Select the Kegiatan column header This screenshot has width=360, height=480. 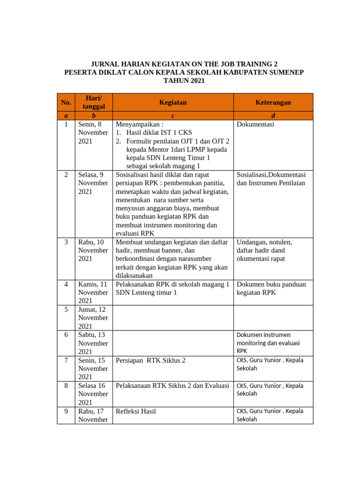pos(172,102)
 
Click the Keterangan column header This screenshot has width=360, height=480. pos(273,102)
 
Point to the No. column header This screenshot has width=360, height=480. pos(66,102)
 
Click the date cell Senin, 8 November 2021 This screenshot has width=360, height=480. pos(93,133)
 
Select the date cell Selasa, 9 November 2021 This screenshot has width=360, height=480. pos(93,183)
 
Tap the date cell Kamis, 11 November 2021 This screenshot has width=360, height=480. pos(93,292)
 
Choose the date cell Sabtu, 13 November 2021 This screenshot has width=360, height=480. pos(93,343)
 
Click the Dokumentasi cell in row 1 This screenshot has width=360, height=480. pos(255,124)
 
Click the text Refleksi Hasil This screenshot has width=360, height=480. pos(136,411)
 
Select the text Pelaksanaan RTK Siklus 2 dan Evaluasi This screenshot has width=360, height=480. pos(172,385)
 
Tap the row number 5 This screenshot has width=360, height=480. pos(66,309)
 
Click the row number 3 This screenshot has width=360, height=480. pos(66,242)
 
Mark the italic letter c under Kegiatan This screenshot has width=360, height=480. pos(173,115)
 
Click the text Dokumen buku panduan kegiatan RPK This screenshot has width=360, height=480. pos(271,288)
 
